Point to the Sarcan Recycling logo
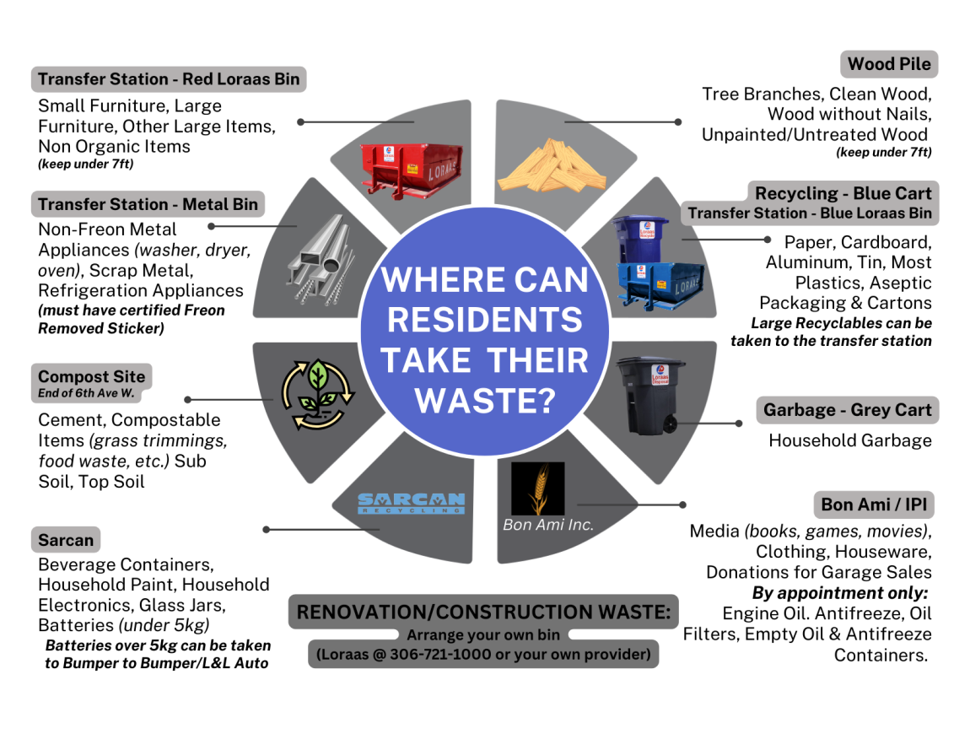[411, 504]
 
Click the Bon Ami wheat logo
[537, 488]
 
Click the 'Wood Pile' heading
[889, 64]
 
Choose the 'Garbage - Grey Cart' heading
[847, 411]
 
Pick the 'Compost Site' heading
[91, 377]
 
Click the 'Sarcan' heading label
[66, 539]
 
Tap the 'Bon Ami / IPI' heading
[876, 504]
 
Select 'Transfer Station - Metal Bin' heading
[148, 204]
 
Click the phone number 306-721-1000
[436, 655]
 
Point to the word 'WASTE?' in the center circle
[484, 400]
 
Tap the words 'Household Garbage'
[849, 440]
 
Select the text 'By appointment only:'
[840, 592]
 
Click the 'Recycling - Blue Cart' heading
[843, 193]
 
